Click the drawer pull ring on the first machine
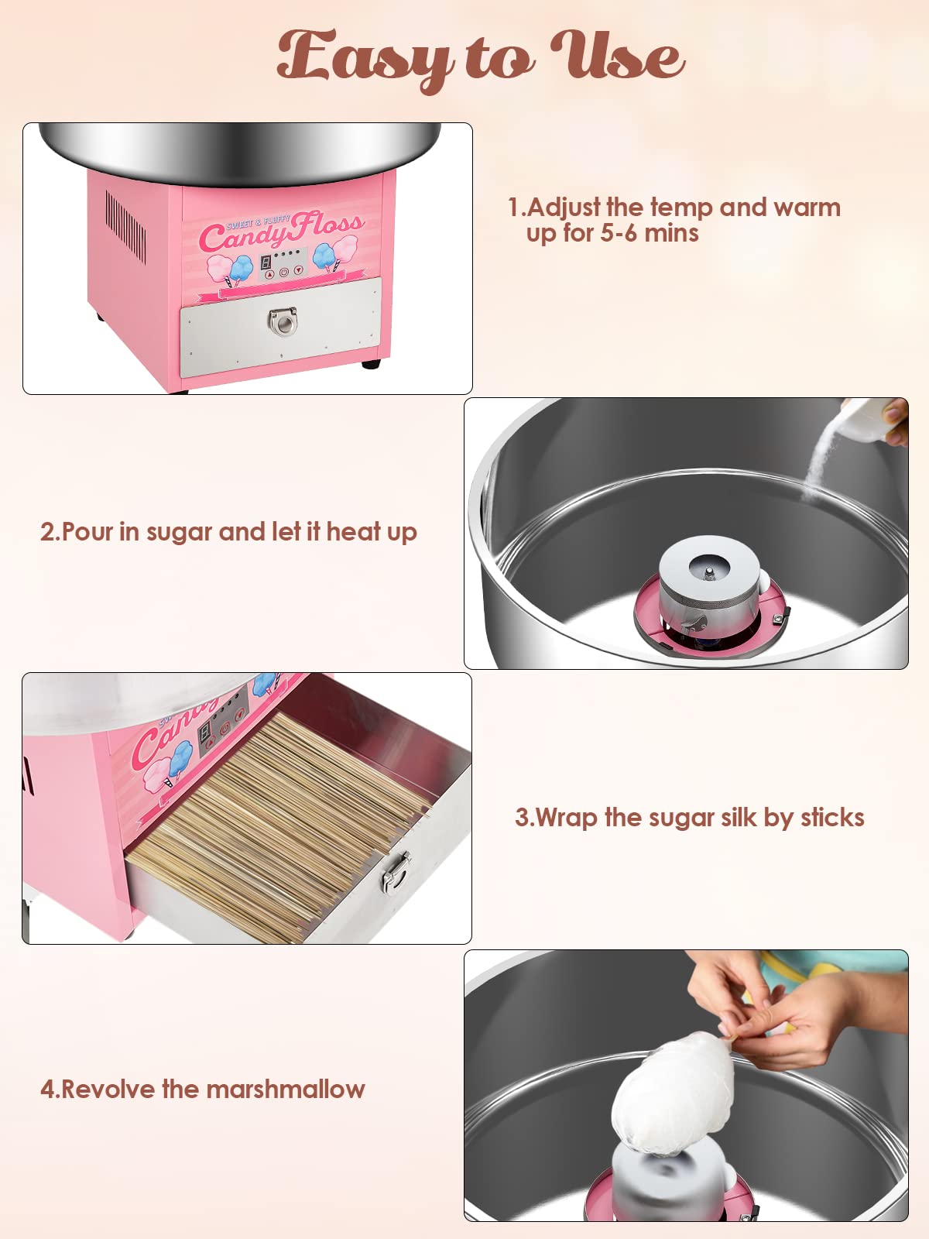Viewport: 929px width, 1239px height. pos(282,321)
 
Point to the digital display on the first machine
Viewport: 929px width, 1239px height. pos(265,261)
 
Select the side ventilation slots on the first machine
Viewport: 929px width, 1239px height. pos(125,226)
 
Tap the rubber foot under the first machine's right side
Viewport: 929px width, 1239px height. pos(371,363)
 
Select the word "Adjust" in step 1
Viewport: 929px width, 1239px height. pos(564,208)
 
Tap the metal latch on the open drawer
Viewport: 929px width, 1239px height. pos(396,872)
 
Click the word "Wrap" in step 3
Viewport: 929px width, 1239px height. pos(566,818)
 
